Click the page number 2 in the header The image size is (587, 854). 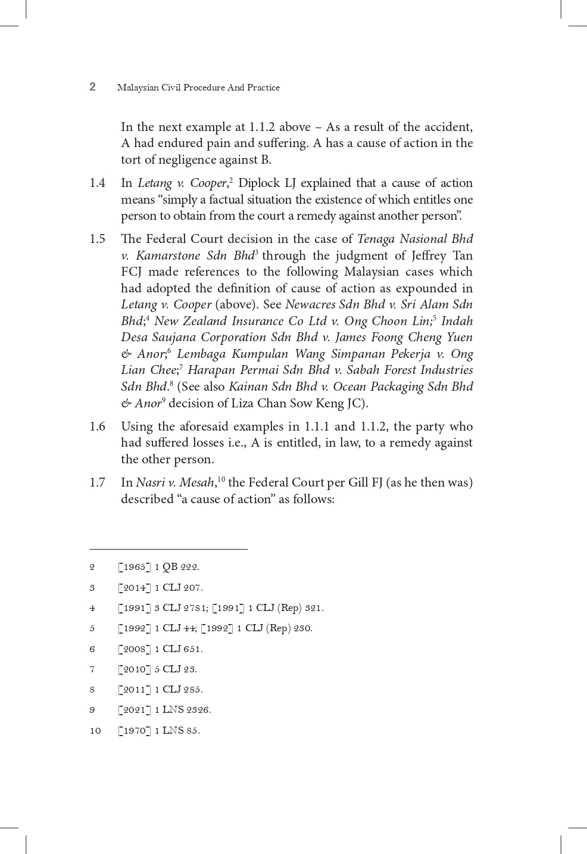click(x=92, y=87)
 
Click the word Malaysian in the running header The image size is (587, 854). click(x=138, y=88)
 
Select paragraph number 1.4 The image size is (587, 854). click(x=98, y=183)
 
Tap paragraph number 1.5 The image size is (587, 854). click(x=98, y=239)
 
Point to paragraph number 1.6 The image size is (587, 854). click(x=98, y=426)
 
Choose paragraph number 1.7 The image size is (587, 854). click(x=98, y=482)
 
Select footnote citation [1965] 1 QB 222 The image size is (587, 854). click(x=159, y=567)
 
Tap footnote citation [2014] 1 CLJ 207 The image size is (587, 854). click(x=161, y=588)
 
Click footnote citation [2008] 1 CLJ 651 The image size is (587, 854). click(x=161, y=649)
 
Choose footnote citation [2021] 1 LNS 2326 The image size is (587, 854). click(x=165, y=710)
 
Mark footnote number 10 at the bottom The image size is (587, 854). click(x=95, y=731)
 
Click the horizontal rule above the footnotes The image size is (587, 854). click(x=168, y=549)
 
